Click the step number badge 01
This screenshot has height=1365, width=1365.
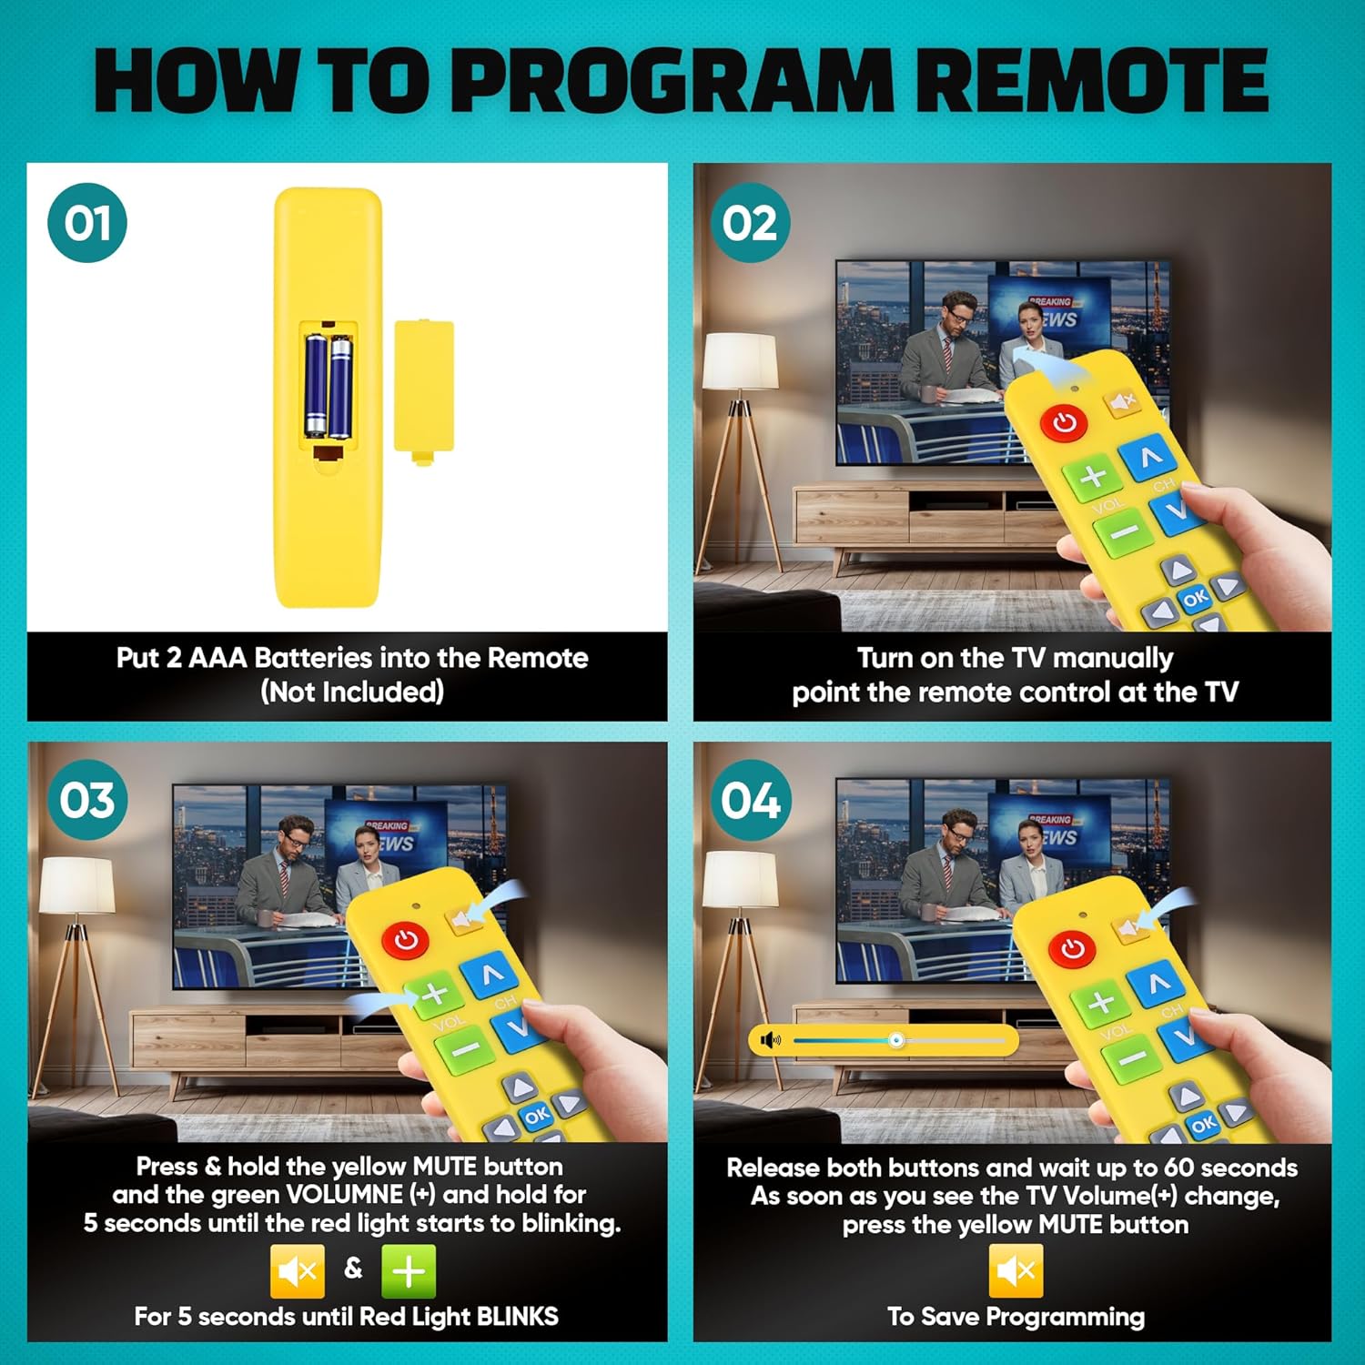coord(87,223)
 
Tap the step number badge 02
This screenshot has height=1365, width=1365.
coord(751,223)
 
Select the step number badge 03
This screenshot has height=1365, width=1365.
coord(87,800)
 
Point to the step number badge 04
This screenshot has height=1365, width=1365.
coord(751,800)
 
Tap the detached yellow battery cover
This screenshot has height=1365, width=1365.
coord(423,391)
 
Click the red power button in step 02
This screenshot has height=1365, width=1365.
coord(1064,422)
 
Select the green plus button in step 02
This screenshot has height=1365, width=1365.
coord(1095,476)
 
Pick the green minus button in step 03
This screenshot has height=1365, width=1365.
coord(465,1049)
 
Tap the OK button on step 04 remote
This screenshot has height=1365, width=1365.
coord(1204,1123)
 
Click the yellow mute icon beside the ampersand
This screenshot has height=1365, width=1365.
coord(298,1270)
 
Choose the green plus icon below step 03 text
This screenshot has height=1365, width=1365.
coord(409,1270)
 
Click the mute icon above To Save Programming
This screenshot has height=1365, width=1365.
coord(1016,1270)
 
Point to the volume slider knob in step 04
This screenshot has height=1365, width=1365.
coord(896,1039)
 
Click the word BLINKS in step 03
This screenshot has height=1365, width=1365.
coord(518,1316)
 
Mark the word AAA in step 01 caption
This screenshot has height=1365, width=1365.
coord(217,658)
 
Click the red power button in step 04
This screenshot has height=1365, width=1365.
coord(1073,948)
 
